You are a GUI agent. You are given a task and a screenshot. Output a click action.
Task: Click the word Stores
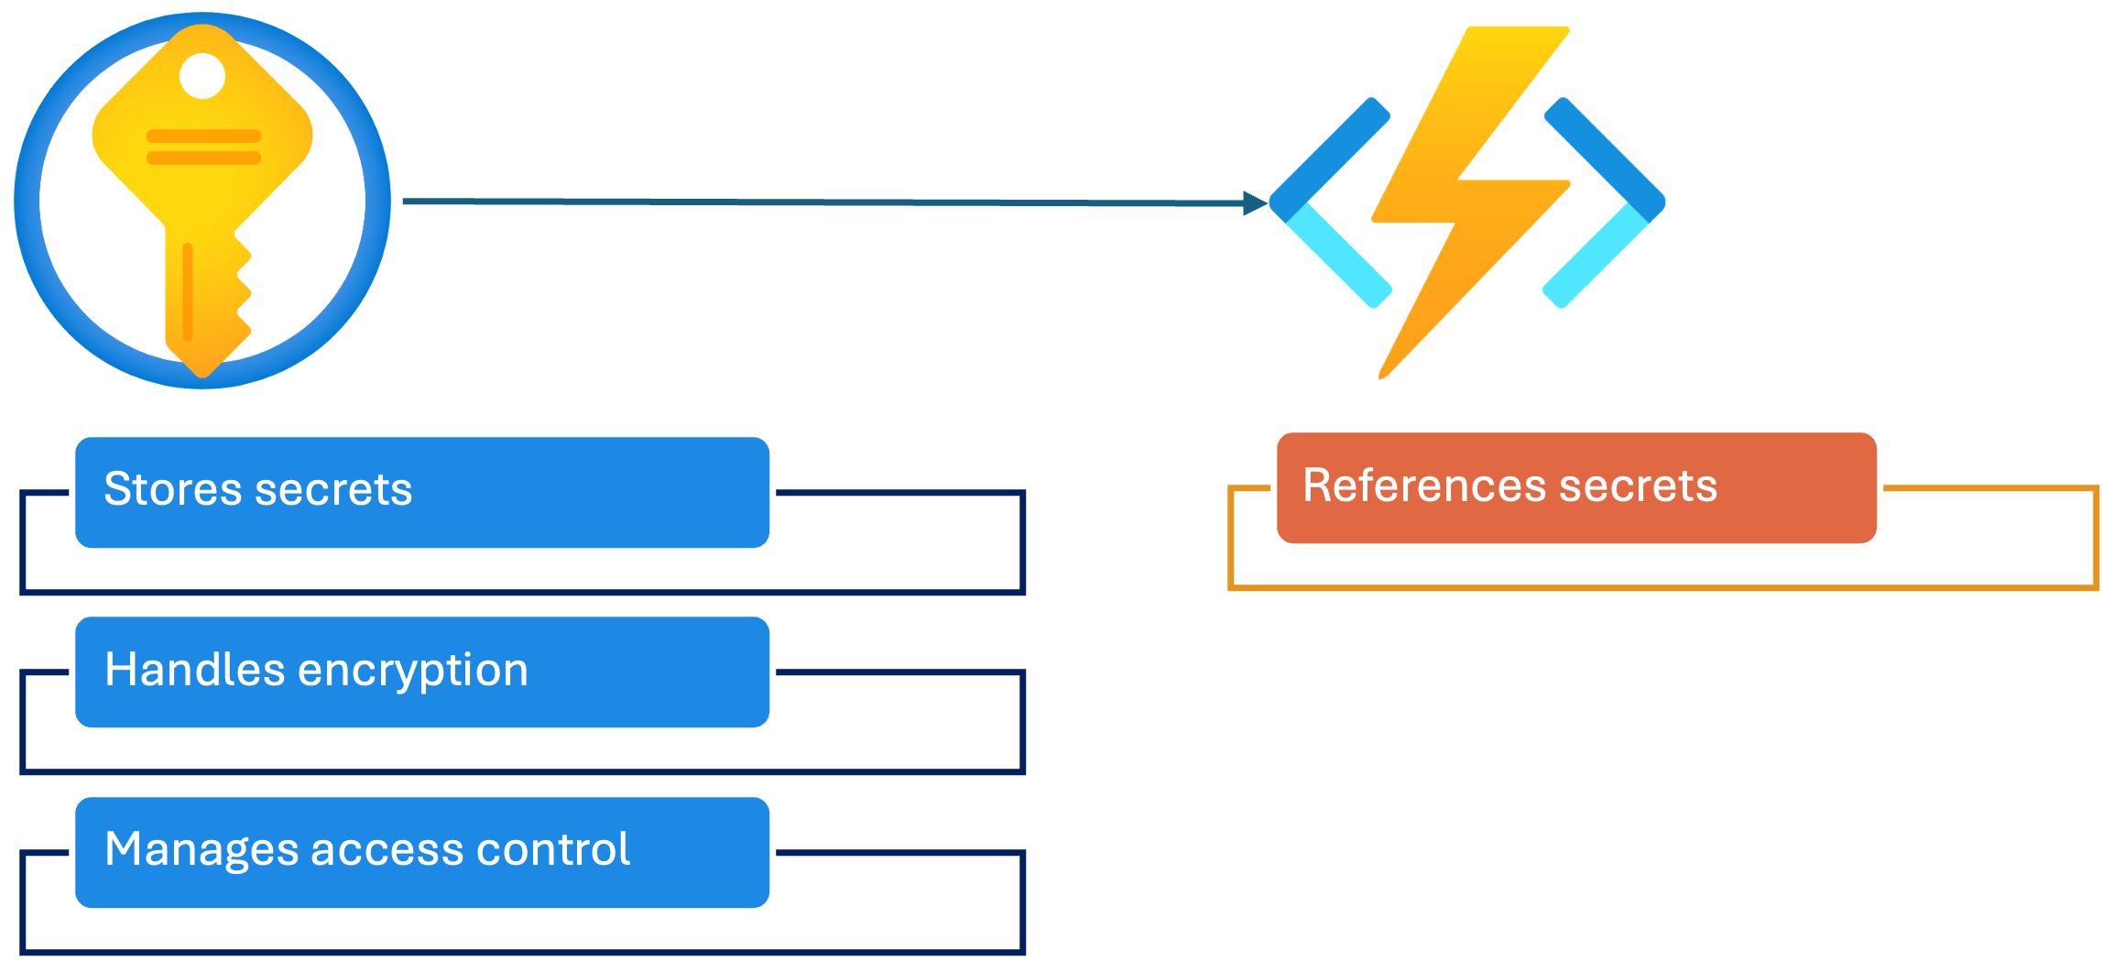coord(174,488)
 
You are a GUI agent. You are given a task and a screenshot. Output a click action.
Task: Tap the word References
coord(1424,485)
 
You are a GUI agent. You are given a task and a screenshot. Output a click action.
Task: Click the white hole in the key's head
coord(202,75)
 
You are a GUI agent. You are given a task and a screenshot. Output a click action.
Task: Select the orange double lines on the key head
coord(203,147)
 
